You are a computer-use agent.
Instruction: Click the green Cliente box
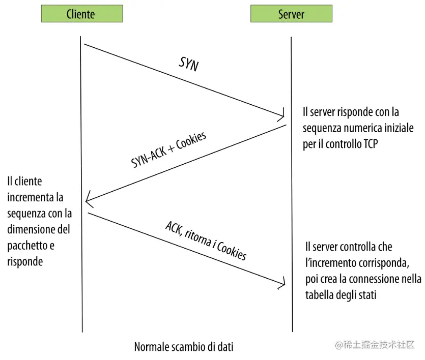(81, 14)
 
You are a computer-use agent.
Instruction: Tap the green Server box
(291, 14)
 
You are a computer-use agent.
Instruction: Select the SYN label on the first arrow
(189, 64)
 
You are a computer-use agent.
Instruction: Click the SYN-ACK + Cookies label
(169, 150)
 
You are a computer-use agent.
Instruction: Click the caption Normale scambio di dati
(184, 347)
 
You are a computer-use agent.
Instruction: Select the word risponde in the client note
(25, 262)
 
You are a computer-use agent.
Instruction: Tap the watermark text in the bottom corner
(375, 345)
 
